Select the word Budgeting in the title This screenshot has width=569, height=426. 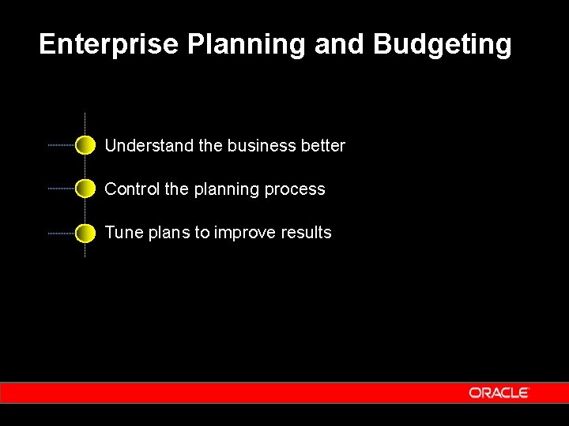click(x=443, y=46)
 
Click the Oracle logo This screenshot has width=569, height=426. click(x=498, y=392)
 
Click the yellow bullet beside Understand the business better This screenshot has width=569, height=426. click(x=85, y=145)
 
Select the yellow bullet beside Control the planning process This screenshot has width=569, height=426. click(x=85, y=189)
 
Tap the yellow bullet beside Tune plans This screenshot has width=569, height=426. click(x=85, y=233)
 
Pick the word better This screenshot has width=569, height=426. click(x=323, y=146)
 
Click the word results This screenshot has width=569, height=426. click(x=310, y=233)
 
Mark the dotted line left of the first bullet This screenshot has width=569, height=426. click(x=61, y=145)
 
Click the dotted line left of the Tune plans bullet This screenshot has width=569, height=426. click(x=61, y=234)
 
